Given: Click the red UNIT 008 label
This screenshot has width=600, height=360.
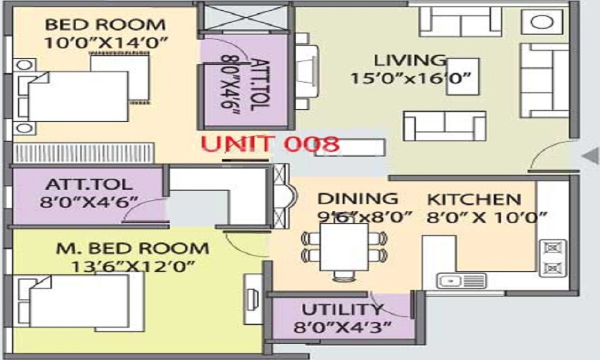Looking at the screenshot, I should click(x=270, y=144).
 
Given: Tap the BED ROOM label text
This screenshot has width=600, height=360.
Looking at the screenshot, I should click(x=105, y=25).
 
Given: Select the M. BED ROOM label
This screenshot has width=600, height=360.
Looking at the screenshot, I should click(x=133, y=248).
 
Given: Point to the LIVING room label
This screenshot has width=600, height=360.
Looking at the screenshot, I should click(x=410, y=61).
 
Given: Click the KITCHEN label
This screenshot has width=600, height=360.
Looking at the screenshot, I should click(x=473, y=199).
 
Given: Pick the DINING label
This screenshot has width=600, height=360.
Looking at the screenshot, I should click(x=357, y=199).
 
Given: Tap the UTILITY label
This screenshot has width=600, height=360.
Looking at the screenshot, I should click(x=342, y=310).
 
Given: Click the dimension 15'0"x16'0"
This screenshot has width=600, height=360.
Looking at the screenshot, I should click(x=411, y=79).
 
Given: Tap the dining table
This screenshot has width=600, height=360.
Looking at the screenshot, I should click(x=343, y=247).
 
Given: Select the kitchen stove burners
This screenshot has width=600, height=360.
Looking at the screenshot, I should click(x=553, y=257).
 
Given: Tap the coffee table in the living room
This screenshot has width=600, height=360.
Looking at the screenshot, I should click(x=463, y=77).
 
